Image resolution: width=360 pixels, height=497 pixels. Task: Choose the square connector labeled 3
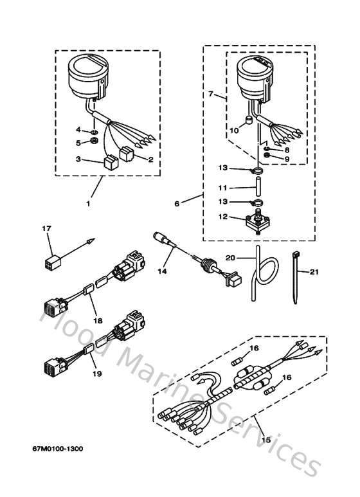[107, 161]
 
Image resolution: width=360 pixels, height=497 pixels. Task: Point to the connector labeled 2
[127, 152]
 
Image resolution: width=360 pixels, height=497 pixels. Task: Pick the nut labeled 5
[93, 142]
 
